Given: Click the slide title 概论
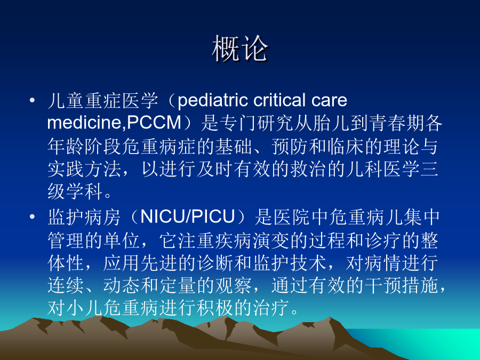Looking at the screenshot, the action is coord(240,49).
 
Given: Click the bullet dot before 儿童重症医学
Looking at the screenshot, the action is coord(32,100).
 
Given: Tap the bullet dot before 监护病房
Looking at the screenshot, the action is coord(32,217).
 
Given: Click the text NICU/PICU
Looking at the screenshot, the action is coord(187,217).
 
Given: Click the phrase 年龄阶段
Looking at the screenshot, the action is coord(84,146).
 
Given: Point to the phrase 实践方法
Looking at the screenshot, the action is coord(84,169).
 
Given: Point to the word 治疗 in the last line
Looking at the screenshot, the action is coord(271,308).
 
